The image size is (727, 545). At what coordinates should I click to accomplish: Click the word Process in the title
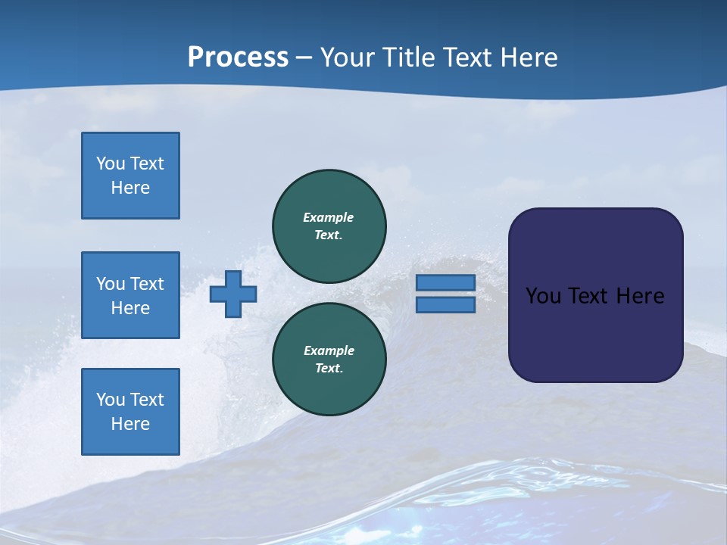pos(238,58)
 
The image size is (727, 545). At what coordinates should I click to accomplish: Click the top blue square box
pos(130,176)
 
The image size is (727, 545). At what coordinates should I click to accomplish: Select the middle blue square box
pos(130,295)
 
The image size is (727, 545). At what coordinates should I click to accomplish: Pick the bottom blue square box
pos(130,412)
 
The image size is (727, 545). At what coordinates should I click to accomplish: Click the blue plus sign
pos(233,294)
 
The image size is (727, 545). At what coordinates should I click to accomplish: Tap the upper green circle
pos(329,226)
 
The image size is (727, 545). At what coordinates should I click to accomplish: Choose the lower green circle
pos(329,360)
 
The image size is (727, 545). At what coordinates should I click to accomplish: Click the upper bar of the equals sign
pos(445,282)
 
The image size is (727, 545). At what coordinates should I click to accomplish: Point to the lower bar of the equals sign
pos(445,304)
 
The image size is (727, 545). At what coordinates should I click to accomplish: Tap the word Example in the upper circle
pos(328,217)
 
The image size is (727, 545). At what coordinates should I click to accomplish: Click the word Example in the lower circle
pos(329,350)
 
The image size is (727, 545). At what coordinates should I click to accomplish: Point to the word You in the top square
pos(110,163)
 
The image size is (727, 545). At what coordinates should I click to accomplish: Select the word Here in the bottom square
pos(130,424)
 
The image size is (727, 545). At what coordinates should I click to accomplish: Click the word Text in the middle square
pos(147,284)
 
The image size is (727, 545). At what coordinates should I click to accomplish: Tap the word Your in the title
pos(348,58)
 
